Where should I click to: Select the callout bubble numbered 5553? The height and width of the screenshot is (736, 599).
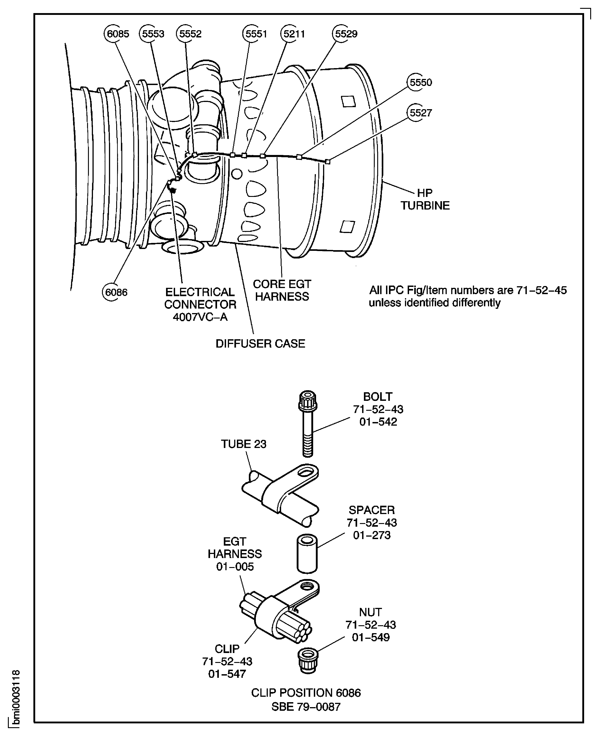[153, 34]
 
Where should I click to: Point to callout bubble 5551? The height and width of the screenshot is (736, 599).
[256, 34]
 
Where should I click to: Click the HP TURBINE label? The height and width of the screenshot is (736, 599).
[425, 199]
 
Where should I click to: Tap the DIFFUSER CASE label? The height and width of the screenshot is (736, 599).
[261, 344]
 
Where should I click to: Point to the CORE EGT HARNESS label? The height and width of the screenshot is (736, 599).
[282, 290]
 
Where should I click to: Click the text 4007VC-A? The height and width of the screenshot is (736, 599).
[200, 317]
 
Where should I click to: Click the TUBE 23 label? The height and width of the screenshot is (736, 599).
[244, 444]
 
